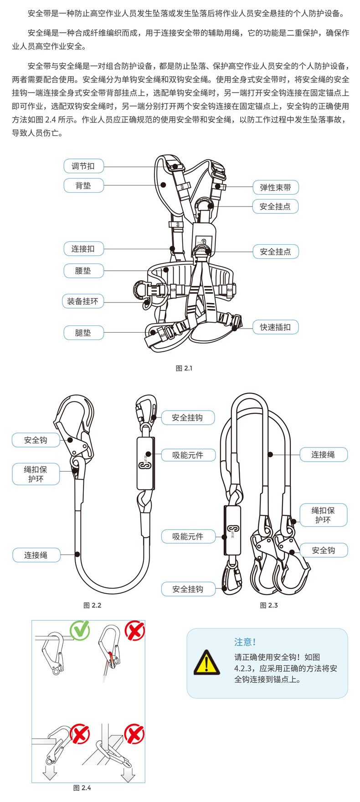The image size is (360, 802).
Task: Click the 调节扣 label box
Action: (x=83, y=166)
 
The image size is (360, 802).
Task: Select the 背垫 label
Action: (x=83, y=185)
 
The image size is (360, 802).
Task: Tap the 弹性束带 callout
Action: (x=275, y=187)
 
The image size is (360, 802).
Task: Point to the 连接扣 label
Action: (x=83, y=249)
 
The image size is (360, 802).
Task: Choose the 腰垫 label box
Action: (x=83, y=271)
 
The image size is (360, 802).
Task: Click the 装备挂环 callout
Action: (x=82, y=301)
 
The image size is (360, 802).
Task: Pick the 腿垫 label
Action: (x=83, y=333)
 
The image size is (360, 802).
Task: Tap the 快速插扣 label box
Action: (x=275, y=327)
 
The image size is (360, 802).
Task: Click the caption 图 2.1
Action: (x=184, y=368)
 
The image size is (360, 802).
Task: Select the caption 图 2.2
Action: (x=92, y=605)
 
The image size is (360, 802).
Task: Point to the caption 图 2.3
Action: (x=269, y=605)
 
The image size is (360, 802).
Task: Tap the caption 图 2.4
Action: (x=82, y=788)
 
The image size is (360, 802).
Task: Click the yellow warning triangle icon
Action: (x=206, y=663)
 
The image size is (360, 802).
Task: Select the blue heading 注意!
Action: (x=245, y=642)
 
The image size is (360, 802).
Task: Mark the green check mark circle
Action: (x=80, y=630)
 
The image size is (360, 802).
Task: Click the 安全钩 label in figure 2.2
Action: (x=36, y=440)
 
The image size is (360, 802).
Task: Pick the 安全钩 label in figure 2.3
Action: (x=323, y=550)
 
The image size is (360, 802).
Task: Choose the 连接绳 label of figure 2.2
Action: (x=36, y=555)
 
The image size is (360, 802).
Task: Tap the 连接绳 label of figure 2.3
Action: (x=323, y=454)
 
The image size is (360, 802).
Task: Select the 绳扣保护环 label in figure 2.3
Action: (x=323, y=515)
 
